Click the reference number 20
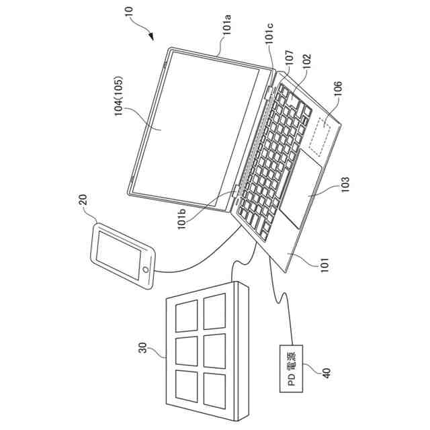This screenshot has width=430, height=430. point(83,200)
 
